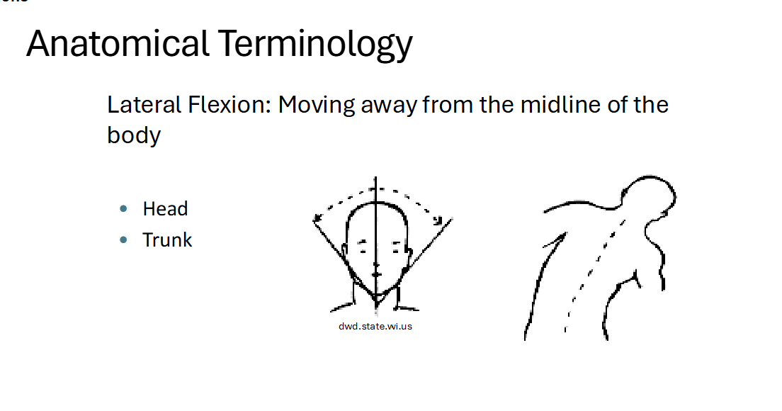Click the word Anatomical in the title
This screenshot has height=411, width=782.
117,43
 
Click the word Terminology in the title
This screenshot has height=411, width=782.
315,43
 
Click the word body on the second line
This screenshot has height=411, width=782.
134,135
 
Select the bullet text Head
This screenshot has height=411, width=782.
165,209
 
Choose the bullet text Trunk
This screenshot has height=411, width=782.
167,240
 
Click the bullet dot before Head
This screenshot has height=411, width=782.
124,209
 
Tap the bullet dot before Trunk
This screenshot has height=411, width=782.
124,240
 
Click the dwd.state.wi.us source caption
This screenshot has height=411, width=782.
375,327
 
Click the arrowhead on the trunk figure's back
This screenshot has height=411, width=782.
562,238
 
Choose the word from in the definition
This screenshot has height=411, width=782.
449,105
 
